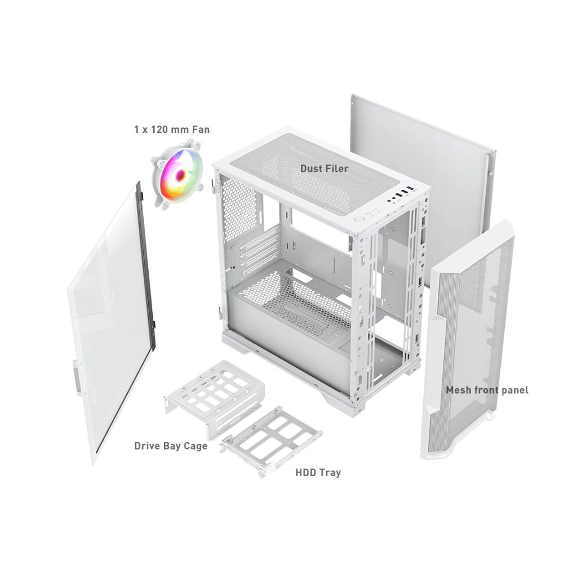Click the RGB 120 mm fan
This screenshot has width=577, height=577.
(177, 175)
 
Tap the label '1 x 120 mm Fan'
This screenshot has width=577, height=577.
(172, 130)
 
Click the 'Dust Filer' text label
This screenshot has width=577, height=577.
(324, 168)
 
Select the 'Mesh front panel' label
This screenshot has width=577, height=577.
(487, 390)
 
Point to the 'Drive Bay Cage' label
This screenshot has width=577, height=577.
(171, 446)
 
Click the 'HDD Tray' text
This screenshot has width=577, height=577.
(318, 473)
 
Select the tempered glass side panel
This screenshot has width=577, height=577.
(110, 324)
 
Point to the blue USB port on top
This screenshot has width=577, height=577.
(411, 189)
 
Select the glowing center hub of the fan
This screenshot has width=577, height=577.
(180, 175)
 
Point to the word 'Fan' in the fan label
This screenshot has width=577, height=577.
(201, 130)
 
